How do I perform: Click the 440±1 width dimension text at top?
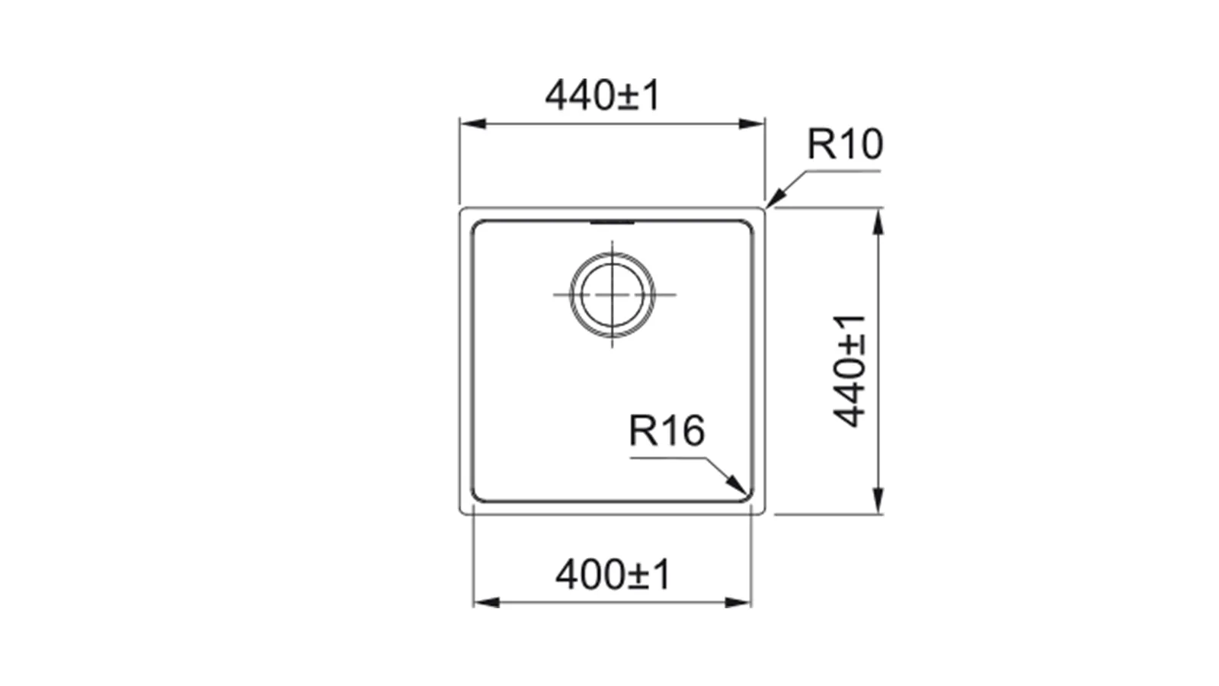pos(603,95)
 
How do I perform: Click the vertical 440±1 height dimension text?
pos(849,370)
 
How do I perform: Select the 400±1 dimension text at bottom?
pos(613,575)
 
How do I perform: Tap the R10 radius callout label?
pos(845,144)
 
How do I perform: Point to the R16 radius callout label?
pos(667,430)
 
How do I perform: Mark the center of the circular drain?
pos(613,294)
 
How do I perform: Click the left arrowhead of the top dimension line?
pos(472,123)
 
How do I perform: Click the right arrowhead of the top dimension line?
pos(752,123)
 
